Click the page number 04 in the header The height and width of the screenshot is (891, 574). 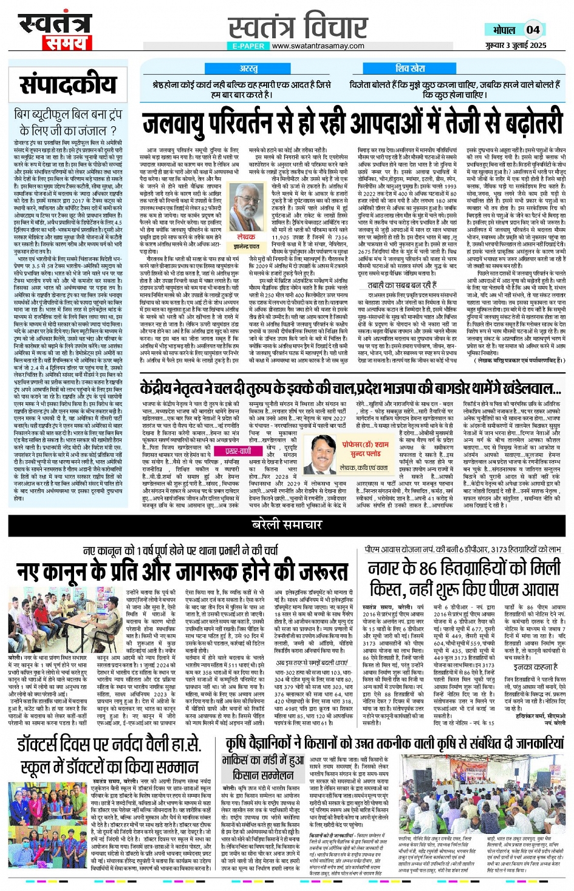533,30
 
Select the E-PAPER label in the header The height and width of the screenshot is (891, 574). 248,46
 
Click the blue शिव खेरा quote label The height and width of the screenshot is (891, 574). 410,69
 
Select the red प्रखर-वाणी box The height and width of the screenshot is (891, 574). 238,451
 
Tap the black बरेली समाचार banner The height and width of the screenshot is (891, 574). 286,524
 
